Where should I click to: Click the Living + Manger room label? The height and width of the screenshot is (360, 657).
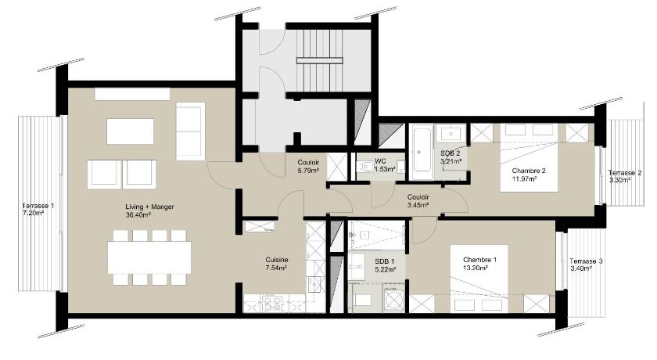click(149, 207)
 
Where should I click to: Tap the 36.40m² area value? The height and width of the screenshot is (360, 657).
click(138, 214)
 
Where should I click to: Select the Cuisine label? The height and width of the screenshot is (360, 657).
click(277, 260)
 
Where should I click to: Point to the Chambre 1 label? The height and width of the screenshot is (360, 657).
click(479, 260)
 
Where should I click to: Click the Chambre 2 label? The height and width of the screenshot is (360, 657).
click(529, 171)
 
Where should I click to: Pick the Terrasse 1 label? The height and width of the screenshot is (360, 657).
click(38, 206)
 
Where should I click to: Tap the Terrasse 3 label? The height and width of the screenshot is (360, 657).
click(586, 261)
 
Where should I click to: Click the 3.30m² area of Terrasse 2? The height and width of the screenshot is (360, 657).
click(619, 180)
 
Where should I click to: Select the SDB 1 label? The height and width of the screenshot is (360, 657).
click(384, 261)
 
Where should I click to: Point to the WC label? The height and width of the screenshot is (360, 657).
click(380, 161)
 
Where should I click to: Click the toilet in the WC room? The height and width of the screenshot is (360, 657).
click(366, 167)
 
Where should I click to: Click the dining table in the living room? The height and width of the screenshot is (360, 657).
click(149, 257)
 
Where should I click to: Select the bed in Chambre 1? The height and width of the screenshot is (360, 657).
click(479, 279)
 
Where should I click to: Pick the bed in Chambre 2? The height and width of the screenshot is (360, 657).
click(530, 158)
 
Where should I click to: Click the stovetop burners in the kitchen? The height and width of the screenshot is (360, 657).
click(271, 303)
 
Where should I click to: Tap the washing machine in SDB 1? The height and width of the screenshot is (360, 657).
click(393, 300)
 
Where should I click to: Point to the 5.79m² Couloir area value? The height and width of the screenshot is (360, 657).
click(308, 170)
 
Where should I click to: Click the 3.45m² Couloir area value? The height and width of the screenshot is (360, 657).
click(418, 205)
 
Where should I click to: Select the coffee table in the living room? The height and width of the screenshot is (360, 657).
click(130, 131)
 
